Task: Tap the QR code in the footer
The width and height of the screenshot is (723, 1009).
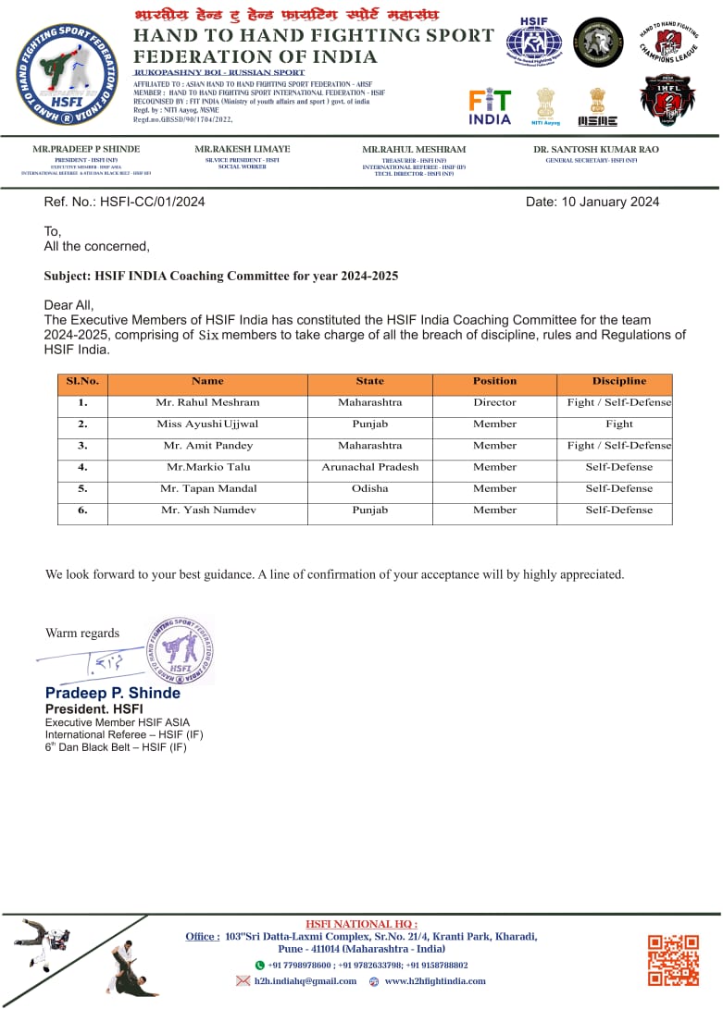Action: (x=673, y=960)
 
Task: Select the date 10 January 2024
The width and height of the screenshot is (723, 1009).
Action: (x=592, y=202)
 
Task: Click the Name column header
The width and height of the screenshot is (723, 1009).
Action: (x=207, y=381)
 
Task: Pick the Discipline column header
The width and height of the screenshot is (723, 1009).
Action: (x=618, y=381)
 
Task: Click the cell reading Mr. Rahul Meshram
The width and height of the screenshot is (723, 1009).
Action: (x=207, y=402)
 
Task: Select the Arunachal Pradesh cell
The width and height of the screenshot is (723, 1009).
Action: (x=369, y=467)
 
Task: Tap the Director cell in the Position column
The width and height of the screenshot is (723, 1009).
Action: (x=494, y=402)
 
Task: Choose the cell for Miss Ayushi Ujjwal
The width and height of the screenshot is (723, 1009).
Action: (x=207, y=424)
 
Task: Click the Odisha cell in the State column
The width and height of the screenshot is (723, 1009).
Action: (x=369, y=488)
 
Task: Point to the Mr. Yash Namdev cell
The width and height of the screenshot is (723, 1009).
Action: (x=207, y=510)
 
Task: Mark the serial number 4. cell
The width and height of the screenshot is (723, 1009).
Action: (x=82, y=467)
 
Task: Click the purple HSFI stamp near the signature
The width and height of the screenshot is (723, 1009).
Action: (x=181, y=650)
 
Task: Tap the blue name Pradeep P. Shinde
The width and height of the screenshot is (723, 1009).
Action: (x=113, y=693)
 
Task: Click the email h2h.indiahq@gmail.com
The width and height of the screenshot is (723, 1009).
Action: (x=305, y=981)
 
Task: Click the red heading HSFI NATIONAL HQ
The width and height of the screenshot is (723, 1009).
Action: (x=361, y=924)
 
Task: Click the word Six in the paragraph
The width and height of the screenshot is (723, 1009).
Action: (x=208, y=336)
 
